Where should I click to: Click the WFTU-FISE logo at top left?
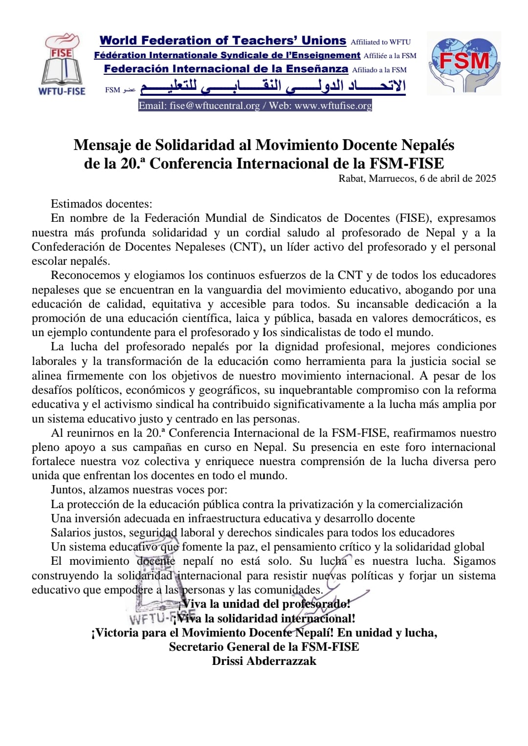pyautogui.click(x=62, y=64)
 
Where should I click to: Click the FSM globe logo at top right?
pyautogui.click(x=464, y=63)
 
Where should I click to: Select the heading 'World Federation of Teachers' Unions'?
pyautogui.click(x=222, y=41)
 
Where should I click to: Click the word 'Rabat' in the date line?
pyautogui.click(x=352, y=178)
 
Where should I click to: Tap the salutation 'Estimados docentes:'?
pyautogui.click(x=101, y=204)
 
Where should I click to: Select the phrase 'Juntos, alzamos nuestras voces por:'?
pyautogui.click(x=139, y=490)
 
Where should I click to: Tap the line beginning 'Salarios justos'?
pyautogui.click(x=252, y=533)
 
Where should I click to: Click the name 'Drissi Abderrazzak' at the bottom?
pyautogui.click(x=264, y=661)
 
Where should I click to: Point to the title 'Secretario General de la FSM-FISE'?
pyautogui.click(x=264, y=647)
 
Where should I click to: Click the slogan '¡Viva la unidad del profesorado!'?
pyautogui.click(x=264, y=604)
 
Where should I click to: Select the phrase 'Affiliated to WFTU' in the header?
pyautogui.click(x=380, y=42)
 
